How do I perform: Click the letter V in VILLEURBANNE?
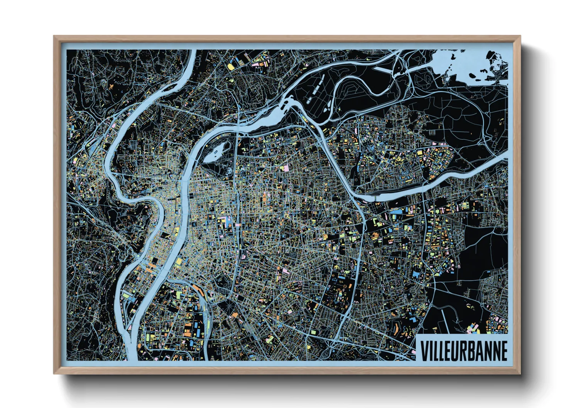424,351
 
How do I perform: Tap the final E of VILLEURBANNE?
503,351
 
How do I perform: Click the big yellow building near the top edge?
231,66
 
